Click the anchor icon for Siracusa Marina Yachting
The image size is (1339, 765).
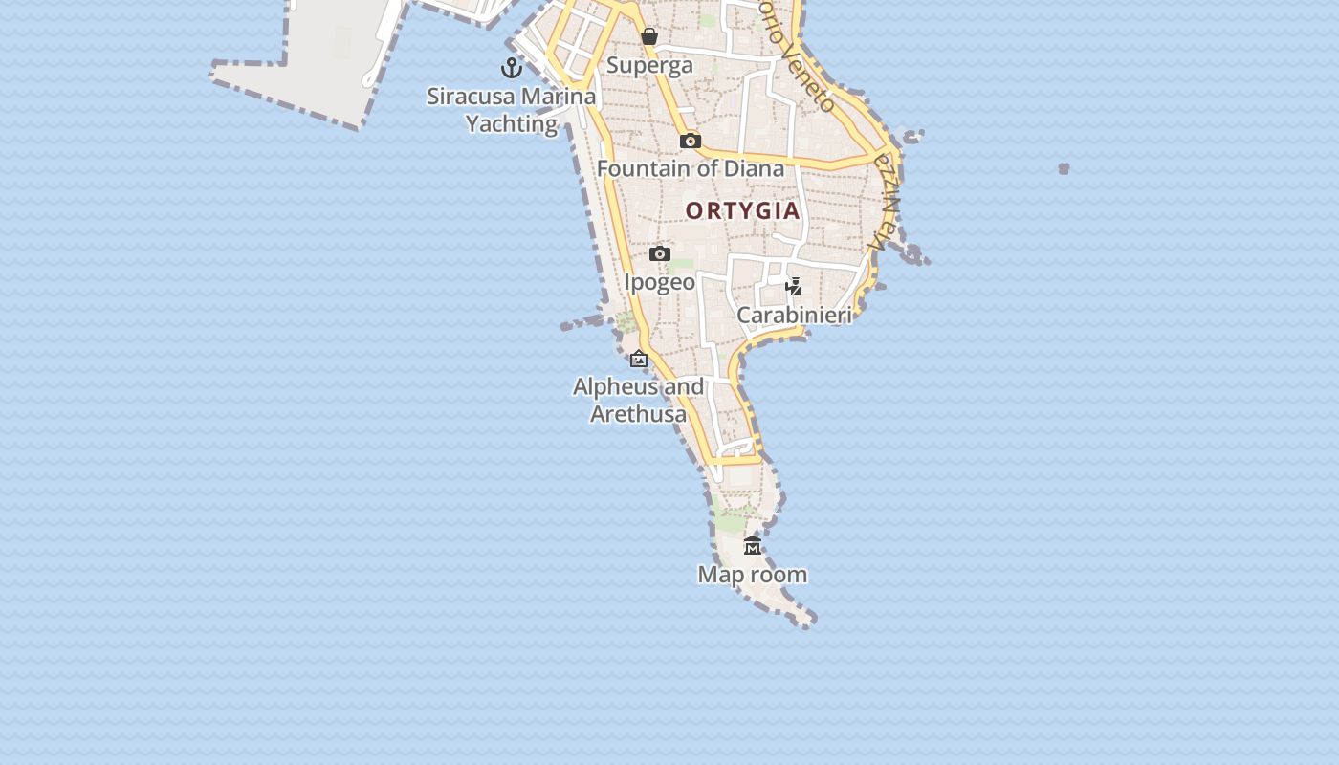click(512, 68)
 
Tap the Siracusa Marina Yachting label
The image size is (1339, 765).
click(511, 110)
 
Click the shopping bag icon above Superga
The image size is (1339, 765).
click(649, 37)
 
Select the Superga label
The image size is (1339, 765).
click(649, 66)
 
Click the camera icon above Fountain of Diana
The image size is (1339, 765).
click(690, 142)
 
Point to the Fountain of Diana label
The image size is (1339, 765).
click(690, 169)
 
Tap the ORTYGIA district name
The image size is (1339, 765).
click(742, 211)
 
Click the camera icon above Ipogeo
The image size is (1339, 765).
click(659, 254)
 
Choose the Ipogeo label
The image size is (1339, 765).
click(659, 283)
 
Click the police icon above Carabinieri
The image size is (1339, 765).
click(793, 286)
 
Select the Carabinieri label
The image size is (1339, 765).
click(794, 316)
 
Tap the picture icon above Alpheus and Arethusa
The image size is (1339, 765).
click(639, 360)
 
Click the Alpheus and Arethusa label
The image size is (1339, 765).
click(638, 401)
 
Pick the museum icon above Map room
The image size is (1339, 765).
click(753, 546)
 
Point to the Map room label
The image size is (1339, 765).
click(753, 575)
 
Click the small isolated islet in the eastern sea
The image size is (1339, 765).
click(1064, 169)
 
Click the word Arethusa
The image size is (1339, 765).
click(638, 415)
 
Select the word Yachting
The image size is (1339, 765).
click(511, 124)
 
